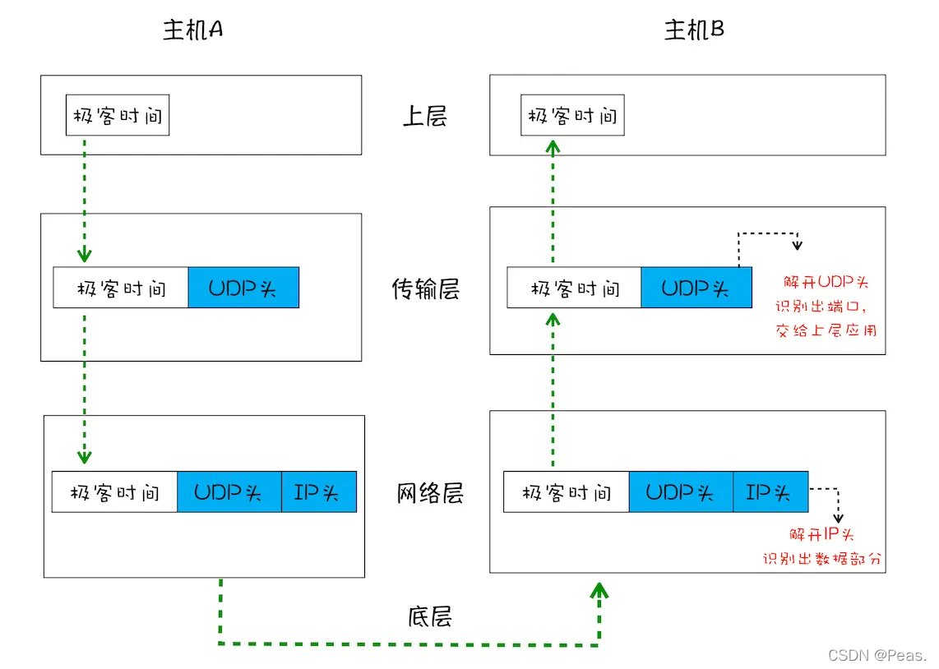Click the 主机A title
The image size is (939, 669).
(x=193, y=30)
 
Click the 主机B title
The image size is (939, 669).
(x=695, y=30)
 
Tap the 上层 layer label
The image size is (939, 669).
(x=424, y=116)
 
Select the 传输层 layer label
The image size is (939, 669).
(x=425, y=289)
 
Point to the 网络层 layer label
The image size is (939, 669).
(x=430, y=493)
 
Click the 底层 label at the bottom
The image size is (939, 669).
(x=429, y=616)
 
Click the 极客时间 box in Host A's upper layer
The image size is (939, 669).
(x=118, y=116)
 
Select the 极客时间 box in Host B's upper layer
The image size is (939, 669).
(x=572, y=116)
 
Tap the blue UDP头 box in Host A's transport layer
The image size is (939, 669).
(x=243, y=288)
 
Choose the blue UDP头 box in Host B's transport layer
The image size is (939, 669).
(x=696, y=288)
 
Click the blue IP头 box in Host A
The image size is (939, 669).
(x=319, y=491)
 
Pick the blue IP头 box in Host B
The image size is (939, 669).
(x=770, y=491)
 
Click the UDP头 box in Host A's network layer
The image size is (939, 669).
(x=229, y=491)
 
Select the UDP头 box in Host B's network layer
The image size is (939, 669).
(x=681, y=491)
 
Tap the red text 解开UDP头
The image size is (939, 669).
(x=826, y=283)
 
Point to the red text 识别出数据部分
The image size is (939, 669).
(x=822, y=559)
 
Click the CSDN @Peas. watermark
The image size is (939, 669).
(x=877, y=655)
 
